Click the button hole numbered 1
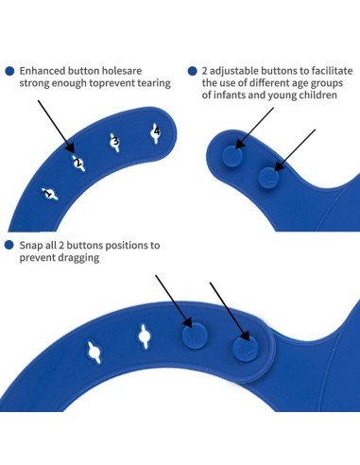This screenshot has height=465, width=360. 50,194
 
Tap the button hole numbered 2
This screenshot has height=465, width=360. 77,164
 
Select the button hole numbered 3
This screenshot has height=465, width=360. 115,143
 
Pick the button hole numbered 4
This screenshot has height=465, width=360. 156,133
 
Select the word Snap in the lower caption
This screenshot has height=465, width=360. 30,245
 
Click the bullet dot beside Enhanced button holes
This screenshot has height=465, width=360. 9,71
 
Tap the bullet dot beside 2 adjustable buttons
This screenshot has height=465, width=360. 192,71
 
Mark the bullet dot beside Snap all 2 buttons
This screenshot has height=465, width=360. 9,245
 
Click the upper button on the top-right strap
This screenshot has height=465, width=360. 232,156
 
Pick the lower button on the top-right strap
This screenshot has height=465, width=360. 268,178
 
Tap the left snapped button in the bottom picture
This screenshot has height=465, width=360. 195,336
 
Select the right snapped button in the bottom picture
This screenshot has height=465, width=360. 246,349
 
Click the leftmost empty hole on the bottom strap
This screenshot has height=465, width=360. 94,352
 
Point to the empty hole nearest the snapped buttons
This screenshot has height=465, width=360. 145,336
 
